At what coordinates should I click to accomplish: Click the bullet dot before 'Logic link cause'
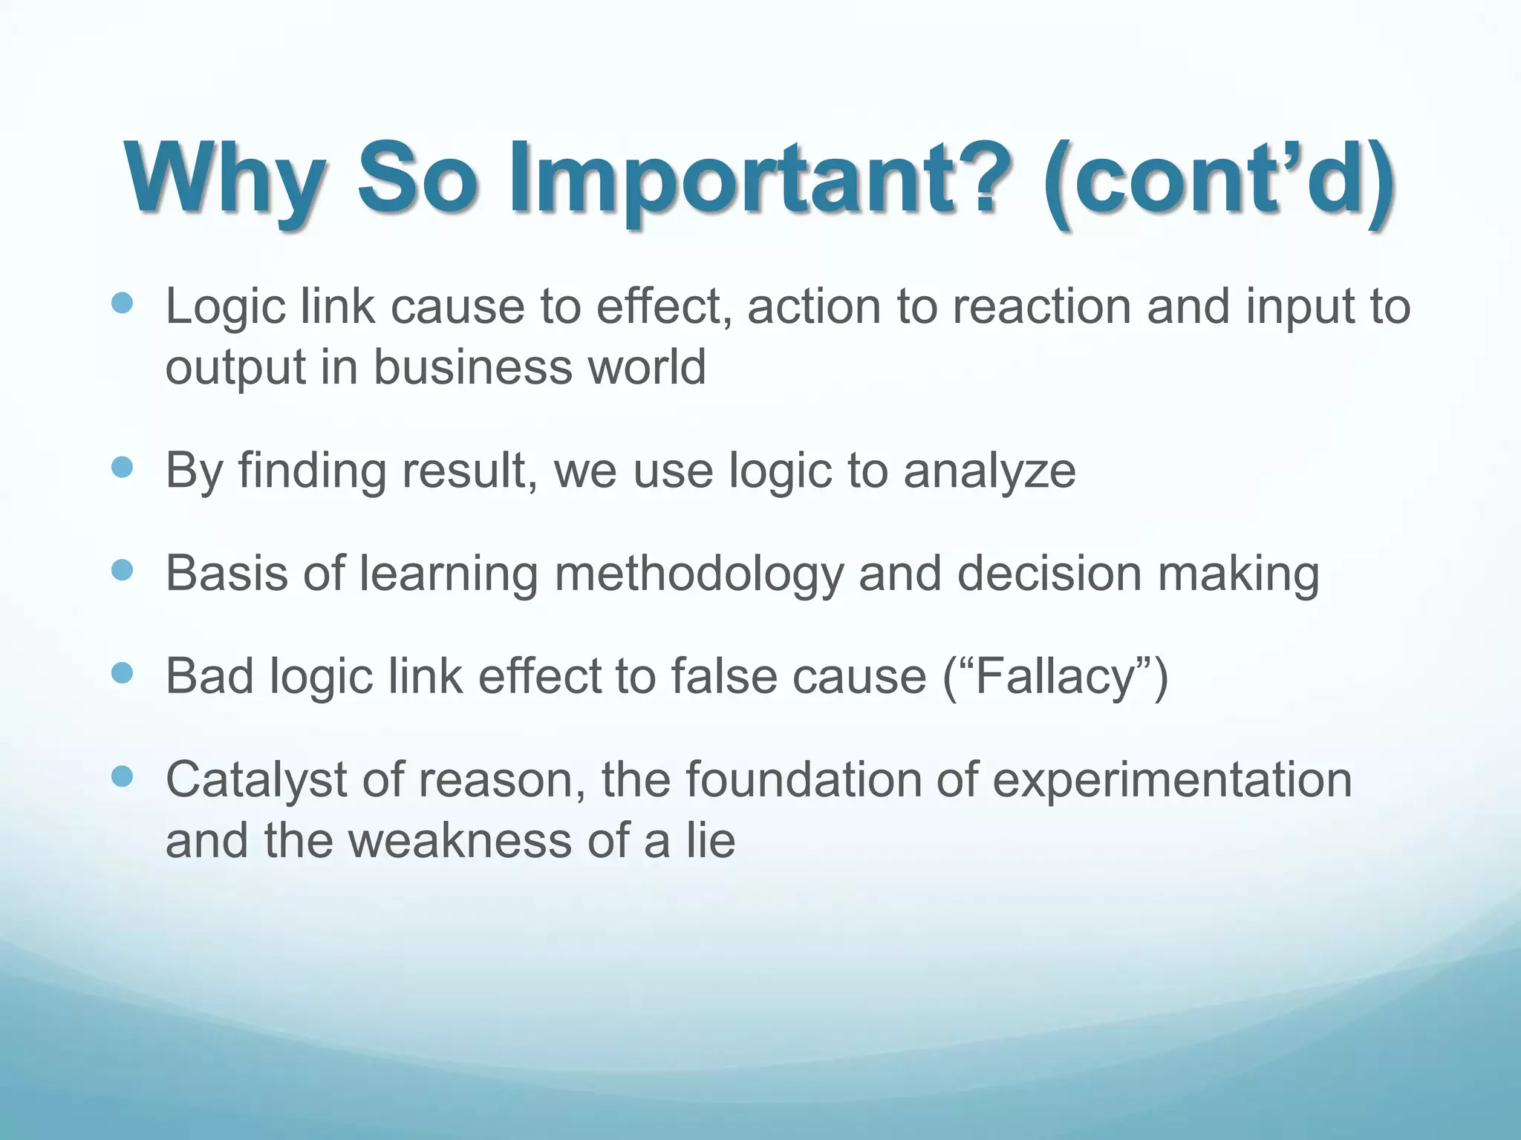coord(121,303)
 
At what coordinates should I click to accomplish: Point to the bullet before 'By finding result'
coord(121,468)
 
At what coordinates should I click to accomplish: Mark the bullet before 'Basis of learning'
coord(121,570)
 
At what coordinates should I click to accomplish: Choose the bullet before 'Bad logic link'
coord(121,673)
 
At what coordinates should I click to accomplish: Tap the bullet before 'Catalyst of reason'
coord(121,777)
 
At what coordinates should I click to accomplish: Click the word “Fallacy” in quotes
coord(1055,677)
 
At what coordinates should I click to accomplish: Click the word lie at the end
coord(710,840)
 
